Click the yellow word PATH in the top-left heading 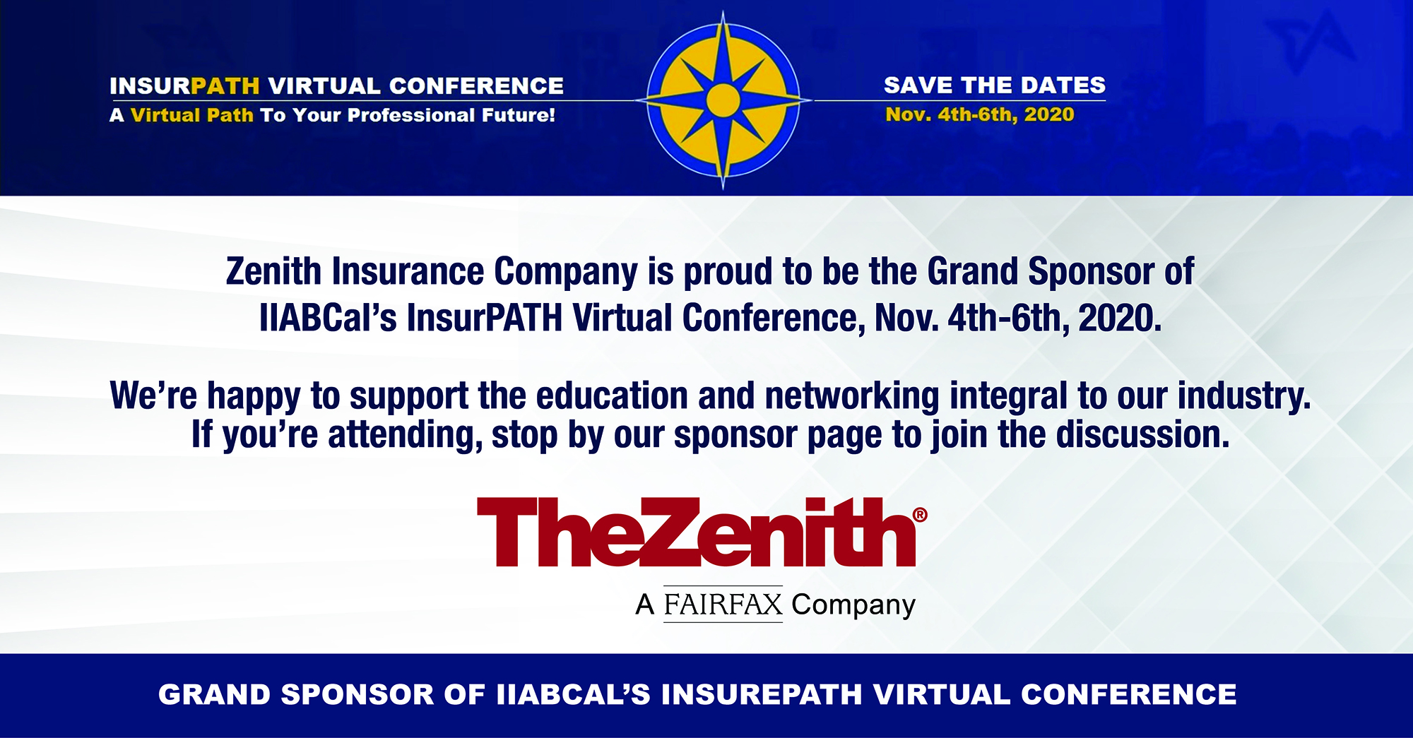pyautogui.click(x=225, y=86)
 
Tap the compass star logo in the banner pyautogui.click(x=723, y=100)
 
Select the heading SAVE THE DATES pyautogui.click(x=995, y=85)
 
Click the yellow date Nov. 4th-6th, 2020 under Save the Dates pyautogui.click(x=980, y=114)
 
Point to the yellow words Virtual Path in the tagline pyautogui.click(x=192, y=115)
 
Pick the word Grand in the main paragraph pyautogui.click(x=972, y=272)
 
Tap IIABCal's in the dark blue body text pyautogui.click(x=328, y=318)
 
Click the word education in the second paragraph pyautogui.click(x=612, y=395)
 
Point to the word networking pyautogui.click(x=852, y=397)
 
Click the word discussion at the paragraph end pyautogui.click(x=1142, y=434)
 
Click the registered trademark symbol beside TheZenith pyautogui.click(x=920, y=515)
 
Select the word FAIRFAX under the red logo pyautogui.click(x=723, y=605)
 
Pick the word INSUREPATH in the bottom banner pyautogui.click(x=762, y=695)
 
